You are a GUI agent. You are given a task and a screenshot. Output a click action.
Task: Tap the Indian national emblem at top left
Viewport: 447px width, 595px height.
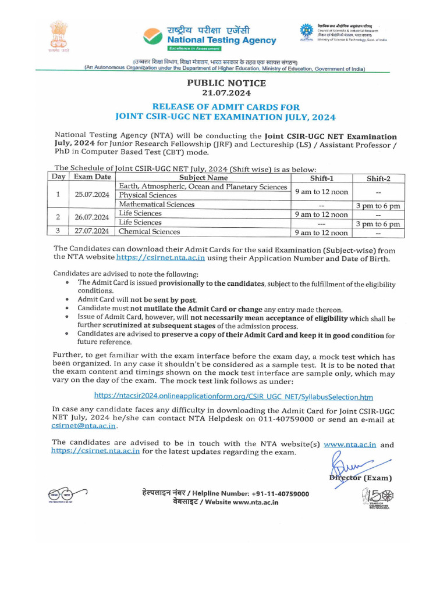click(x=59, y=36)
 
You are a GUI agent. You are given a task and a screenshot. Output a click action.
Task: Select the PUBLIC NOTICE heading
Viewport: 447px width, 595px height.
click(x=226, y=83)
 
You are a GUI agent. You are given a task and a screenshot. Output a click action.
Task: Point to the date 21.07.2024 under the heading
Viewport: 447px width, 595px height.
click(x=226, y=93)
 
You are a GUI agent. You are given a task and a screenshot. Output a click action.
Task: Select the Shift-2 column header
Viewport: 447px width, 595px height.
click(x=378, y=178)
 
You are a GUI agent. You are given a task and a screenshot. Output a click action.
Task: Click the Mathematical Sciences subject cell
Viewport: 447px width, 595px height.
click(x=157, y=205)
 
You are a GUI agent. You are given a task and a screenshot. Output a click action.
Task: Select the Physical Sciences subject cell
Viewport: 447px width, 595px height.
click(x=148, y=196)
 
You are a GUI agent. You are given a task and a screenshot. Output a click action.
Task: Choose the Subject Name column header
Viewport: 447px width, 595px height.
click(x=203, y=177)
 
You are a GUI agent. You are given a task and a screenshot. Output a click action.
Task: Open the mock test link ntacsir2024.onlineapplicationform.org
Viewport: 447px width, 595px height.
click(x=233, y=397)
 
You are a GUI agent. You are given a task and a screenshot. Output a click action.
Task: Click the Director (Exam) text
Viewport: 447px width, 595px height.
click(x=360, y=478)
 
